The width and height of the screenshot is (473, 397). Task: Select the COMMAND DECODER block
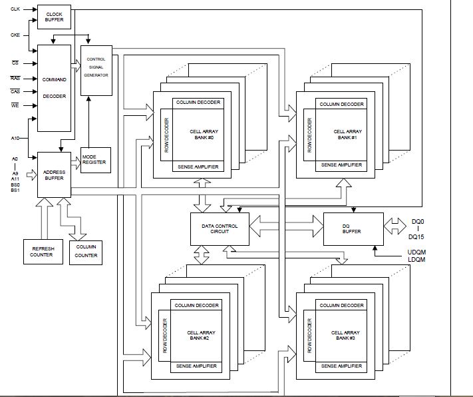click(x=53, y=88)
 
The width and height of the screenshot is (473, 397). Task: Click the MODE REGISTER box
click(x=94, y=160)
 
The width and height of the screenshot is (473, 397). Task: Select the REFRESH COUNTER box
click(x=43, y=250)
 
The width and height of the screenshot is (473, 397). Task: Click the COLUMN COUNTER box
click(x=85, y=250)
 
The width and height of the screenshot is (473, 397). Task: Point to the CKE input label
click(x=15, y=34)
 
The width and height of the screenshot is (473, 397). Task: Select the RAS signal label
click(x=15, y=79)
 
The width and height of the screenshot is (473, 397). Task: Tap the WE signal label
click(x=15, y=105)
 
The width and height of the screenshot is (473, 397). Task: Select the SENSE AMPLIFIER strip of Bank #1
click(x=341, y=165)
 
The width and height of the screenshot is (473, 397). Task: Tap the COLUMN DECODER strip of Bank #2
click(x=197, y=305)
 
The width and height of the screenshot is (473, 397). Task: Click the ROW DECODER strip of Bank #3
click(x=310, y=336)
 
